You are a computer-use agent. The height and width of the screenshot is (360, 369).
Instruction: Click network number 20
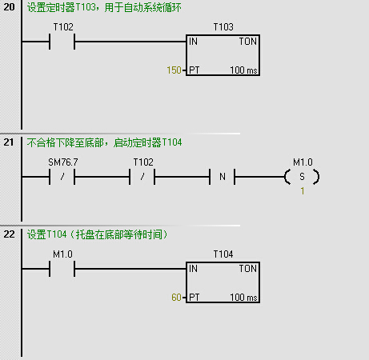click(x=9, y=7)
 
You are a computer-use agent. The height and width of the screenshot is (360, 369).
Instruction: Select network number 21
click(x=9, y=142)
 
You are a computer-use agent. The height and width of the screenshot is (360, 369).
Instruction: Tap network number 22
click(x=9, y=234)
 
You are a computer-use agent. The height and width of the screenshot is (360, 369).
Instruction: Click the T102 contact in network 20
click(x=62, y=42)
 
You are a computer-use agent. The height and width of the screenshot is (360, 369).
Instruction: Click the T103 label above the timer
click(x=223, y=27)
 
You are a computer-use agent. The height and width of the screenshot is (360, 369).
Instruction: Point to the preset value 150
click(x=174, y=70)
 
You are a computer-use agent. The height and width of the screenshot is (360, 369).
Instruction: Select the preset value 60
click(x=176, y=298)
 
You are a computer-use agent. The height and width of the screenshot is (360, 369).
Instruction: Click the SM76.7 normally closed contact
click(x=62, y=177)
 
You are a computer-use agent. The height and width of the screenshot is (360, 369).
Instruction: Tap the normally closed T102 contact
click(x=142, y=177)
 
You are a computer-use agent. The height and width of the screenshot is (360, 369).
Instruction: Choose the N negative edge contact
click(x=222, y=177)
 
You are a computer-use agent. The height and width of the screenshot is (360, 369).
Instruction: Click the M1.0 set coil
click(x=302, y=177)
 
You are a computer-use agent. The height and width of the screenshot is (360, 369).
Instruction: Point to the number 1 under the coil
click(x=303, y=191)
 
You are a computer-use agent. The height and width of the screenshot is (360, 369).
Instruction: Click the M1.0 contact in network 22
click(x=62, y=269)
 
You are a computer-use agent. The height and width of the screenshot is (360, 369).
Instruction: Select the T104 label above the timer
click(x=223, y=254)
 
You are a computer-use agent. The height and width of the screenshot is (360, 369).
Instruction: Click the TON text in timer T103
click(x=248, y=42)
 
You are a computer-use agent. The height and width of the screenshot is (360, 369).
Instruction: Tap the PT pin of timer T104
click(x=195, y=298)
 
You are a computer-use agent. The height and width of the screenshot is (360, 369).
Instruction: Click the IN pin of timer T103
click(x=193, y=42)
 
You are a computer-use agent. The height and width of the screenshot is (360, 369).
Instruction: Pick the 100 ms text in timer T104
click(x=243, y=298)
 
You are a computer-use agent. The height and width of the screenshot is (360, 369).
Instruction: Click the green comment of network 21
click(x=104, y=142)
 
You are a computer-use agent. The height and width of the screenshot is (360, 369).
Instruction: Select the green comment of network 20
click(x=104, y=7)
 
